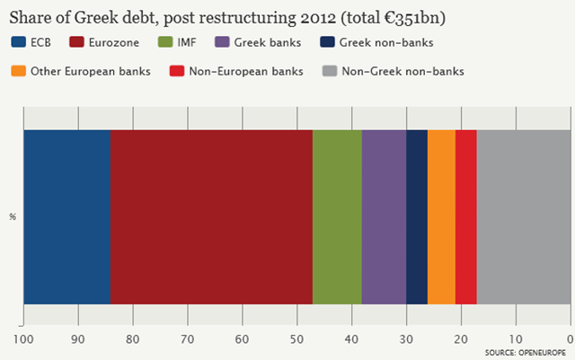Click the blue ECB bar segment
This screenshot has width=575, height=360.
pos(67,217)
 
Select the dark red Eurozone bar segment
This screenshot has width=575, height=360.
pos(212,217)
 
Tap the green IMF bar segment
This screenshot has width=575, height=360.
pos(338,217)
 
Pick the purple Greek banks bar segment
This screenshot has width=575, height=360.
pos(384,217)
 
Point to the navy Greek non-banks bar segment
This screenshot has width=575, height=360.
pos(417,217)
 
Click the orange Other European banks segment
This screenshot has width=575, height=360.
pos(441,217)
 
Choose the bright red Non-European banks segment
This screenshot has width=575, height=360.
pos(466,217)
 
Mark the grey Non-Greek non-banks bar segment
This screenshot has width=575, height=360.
pos(524,217)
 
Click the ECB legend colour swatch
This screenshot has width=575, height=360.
pos(18,42)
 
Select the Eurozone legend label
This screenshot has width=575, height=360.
pos(114,42)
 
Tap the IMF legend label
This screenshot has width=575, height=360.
pos(187,42)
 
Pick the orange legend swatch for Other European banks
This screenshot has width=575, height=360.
pos(18,71)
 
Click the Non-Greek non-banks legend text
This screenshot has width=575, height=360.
pos(403,71)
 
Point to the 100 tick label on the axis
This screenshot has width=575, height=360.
pos(23,339)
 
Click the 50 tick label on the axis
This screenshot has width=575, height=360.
pos(297,339)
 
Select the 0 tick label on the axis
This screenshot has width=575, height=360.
pos(571,339)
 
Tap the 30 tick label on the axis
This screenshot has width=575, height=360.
pos(406,339)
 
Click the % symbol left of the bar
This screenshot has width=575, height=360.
pos(13,217)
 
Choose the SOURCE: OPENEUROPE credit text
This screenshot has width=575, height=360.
pos(526,353)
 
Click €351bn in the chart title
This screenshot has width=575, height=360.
pos(411,18)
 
